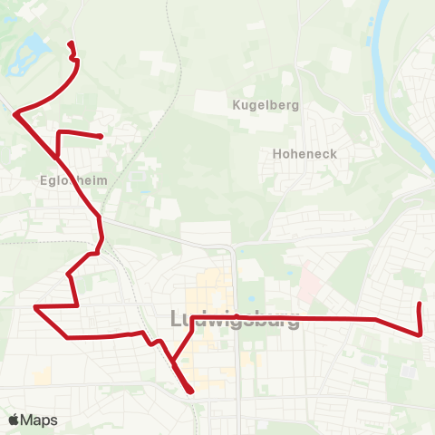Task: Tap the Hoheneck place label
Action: click(304, 154)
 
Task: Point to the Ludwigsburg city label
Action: click(235, 319)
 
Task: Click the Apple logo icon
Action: click(14, 420)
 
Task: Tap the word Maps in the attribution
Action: click(41, 420)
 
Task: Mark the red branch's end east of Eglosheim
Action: click(100, 137)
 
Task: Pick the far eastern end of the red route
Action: click(419, 304)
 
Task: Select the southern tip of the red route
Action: click(191, 391)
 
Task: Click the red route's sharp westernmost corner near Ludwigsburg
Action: click(35, 307)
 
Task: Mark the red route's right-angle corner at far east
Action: click(420, 333)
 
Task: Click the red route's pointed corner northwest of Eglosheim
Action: click(15, 112)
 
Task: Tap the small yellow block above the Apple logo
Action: click(43, 374)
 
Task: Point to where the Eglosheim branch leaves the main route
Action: click(58, 156)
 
